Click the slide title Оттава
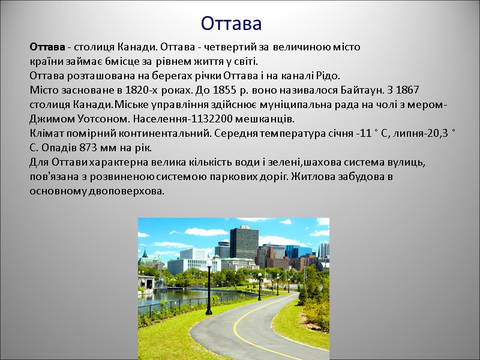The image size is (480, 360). point(231,23)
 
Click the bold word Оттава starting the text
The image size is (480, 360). point(47,47)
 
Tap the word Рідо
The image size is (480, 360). point(328,76)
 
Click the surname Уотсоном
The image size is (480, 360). point(94,119)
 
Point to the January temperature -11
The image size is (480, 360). point(363,133)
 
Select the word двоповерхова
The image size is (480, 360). point(125,191)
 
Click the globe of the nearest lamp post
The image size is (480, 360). point(209,262)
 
